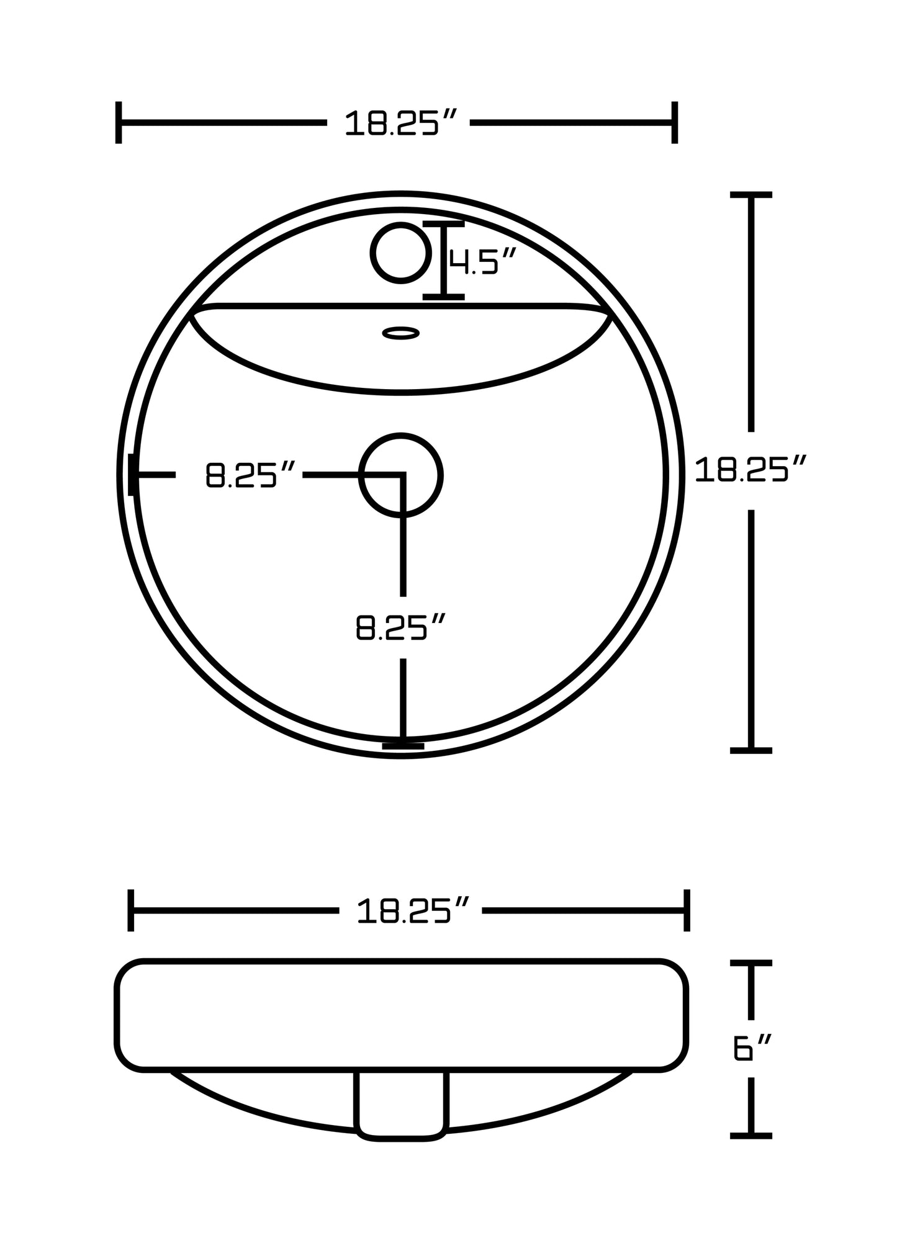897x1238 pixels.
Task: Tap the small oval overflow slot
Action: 400,333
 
